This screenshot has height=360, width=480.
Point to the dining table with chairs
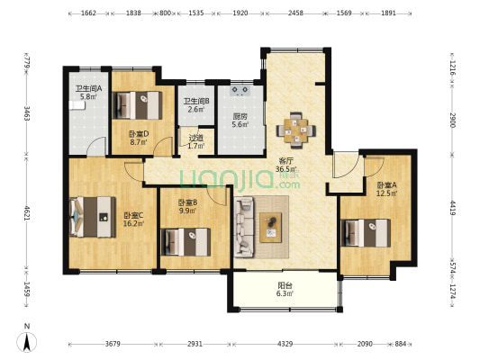coord(294,129)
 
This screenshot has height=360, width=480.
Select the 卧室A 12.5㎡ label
coord(387,190)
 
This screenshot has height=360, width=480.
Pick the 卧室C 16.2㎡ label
coord(134,221)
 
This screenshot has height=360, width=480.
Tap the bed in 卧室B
coord(185,240)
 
